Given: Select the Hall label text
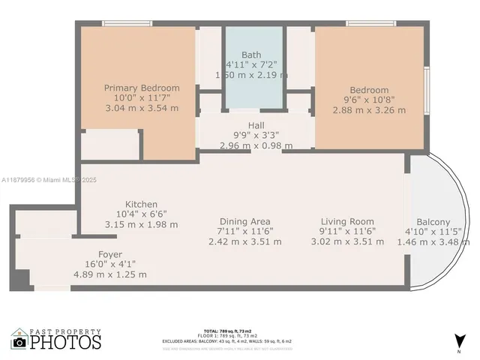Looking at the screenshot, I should pos(256,126).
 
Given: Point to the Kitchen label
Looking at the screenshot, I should pos(141,204).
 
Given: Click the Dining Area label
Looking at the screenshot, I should pos(244,221).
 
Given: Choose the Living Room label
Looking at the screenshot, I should pos(347,221).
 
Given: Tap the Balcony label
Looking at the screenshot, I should pos(433,222).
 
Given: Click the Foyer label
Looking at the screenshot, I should pos(110,254).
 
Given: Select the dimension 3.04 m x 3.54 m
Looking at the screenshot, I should pos(142,108).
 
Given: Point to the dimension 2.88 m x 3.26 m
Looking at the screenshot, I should pos(368,110).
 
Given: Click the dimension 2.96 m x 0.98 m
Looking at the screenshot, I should pos(256,145).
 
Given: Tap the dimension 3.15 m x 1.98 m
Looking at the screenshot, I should pos(141,223).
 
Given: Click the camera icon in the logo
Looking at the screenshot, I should pos(19,342).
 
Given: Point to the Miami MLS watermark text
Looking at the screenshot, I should pos(49,180).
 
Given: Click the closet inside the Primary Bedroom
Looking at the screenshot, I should pos(110,144).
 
